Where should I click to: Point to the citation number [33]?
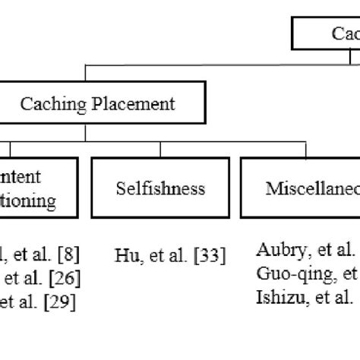[x=208, y=256]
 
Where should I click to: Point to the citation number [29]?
[x=60, y=300]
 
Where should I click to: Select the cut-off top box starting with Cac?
[x=327, y=34]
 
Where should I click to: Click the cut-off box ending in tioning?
[x=38, y=188]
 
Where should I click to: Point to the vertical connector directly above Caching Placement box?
[x=85, y=74]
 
